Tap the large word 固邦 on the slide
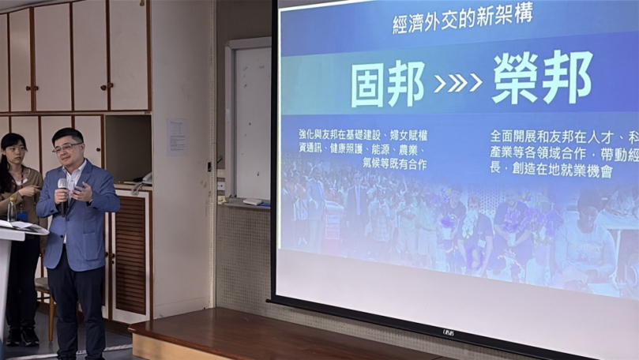(x=386, y=83)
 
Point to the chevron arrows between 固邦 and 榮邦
(x=458, y=83)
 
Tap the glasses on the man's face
(x=68, y=147)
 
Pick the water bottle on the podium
(x=11, y=209)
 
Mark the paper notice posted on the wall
(x=176, y=137)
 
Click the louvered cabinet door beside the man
(x=130, y=253)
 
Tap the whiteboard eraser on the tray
(x=253, y=201)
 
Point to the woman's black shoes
(x=21, y=336)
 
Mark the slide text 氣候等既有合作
(x=394, y=163)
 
